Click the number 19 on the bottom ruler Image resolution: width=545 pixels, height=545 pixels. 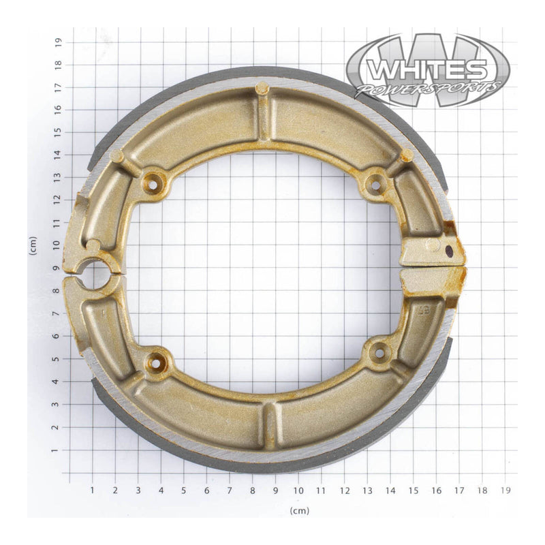[505, 489]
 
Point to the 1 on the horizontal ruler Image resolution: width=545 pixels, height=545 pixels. [93, 489]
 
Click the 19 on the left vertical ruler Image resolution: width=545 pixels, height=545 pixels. [59, 41]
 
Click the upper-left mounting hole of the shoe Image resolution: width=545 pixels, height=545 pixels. [153, 183]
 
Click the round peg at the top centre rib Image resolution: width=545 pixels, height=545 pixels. [262, 88]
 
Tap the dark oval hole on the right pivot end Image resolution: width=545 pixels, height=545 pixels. [449, 251]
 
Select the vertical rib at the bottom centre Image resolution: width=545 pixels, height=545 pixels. [270, 424]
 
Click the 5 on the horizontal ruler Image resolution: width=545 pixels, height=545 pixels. [184, 489]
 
